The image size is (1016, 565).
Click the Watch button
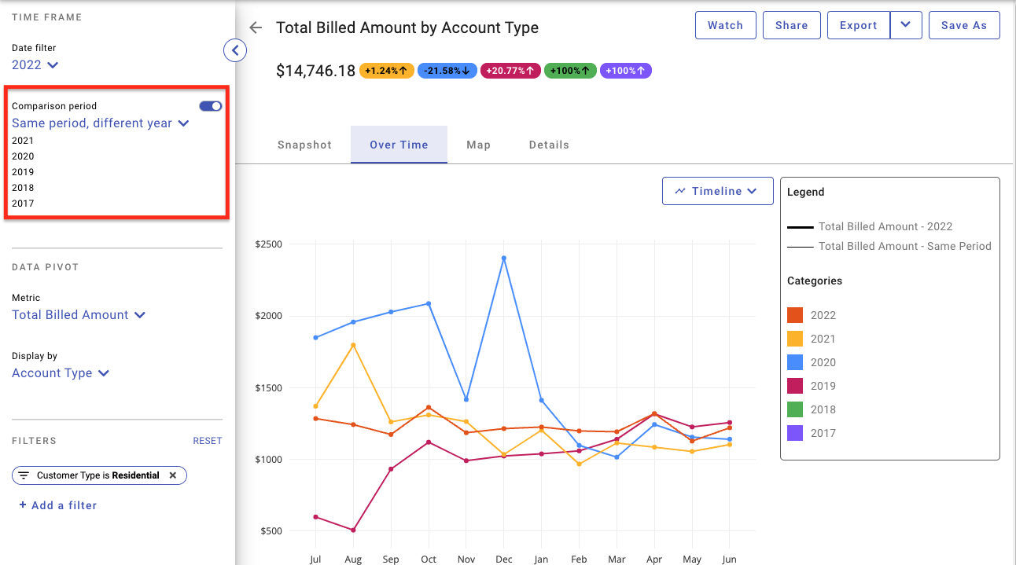pos(725,25)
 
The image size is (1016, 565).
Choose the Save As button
pos(964,25)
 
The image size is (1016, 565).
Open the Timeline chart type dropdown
pos(717,191)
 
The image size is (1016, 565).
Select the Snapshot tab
pos(304,145)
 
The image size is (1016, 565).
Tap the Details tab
pos(549,145)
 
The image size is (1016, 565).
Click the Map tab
pos(479,145)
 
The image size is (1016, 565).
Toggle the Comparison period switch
pos(211,106)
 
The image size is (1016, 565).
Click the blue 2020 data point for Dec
pos(504,259)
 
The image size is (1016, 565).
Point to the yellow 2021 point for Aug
pos(353,345)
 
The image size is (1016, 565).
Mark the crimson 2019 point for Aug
pos(353,530)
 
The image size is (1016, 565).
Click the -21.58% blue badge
pos(447,71)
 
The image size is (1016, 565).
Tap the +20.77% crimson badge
pos(510,71)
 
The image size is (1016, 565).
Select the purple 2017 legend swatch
pos(795,433)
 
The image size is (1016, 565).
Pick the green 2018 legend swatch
pos(795,409)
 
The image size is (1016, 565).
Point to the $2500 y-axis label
pos(268,244)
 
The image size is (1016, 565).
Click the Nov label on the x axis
pos(466,559)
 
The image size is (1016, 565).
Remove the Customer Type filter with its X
pos(173,475)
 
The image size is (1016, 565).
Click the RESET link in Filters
pos(208,441)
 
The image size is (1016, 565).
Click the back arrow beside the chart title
pos(256,28)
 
